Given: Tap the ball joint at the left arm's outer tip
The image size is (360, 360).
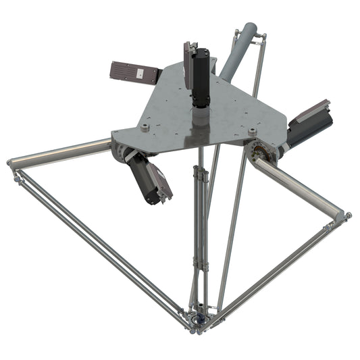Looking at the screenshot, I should click(11, 164).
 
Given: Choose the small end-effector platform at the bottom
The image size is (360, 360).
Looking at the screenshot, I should click(199, 318).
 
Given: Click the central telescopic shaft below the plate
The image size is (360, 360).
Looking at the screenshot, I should click(199, 216).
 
